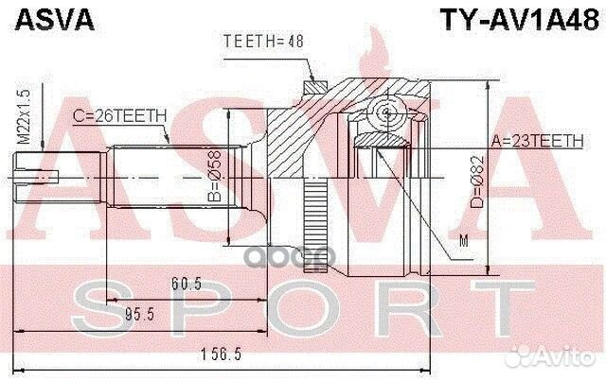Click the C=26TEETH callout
coord(119,114)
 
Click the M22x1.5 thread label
coord(22,118)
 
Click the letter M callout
coord(463,243)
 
